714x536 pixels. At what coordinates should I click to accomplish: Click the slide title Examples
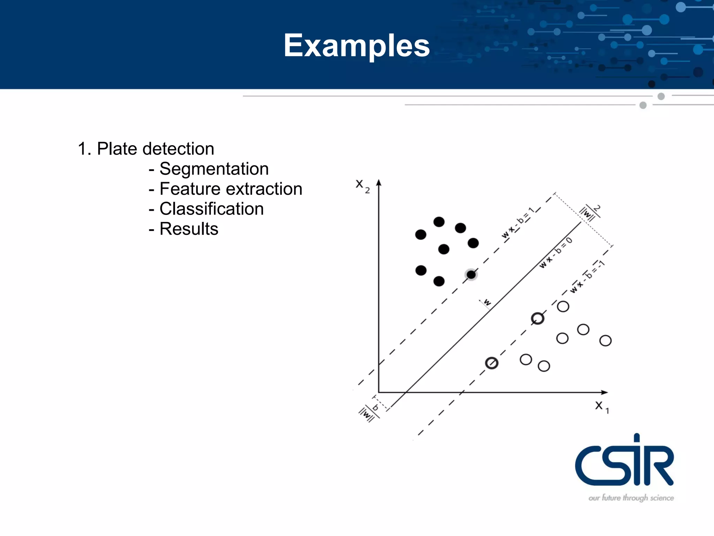tap(357, 45)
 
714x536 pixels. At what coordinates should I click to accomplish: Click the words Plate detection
tap(155, 149)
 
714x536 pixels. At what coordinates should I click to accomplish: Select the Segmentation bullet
tap(214, 169)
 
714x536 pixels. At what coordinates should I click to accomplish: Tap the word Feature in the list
tap(185, 189)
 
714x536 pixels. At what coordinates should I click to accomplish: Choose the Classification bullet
tap(211, 209)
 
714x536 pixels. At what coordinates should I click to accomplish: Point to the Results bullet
tap(189, 229)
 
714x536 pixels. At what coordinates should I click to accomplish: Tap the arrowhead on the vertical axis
tap(379, 183)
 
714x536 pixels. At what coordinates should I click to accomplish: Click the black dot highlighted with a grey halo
tap(471, 275)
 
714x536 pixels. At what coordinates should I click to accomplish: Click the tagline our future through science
tap(631, 498)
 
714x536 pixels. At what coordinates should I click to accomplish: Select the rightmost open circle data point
tap(605, 341)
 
